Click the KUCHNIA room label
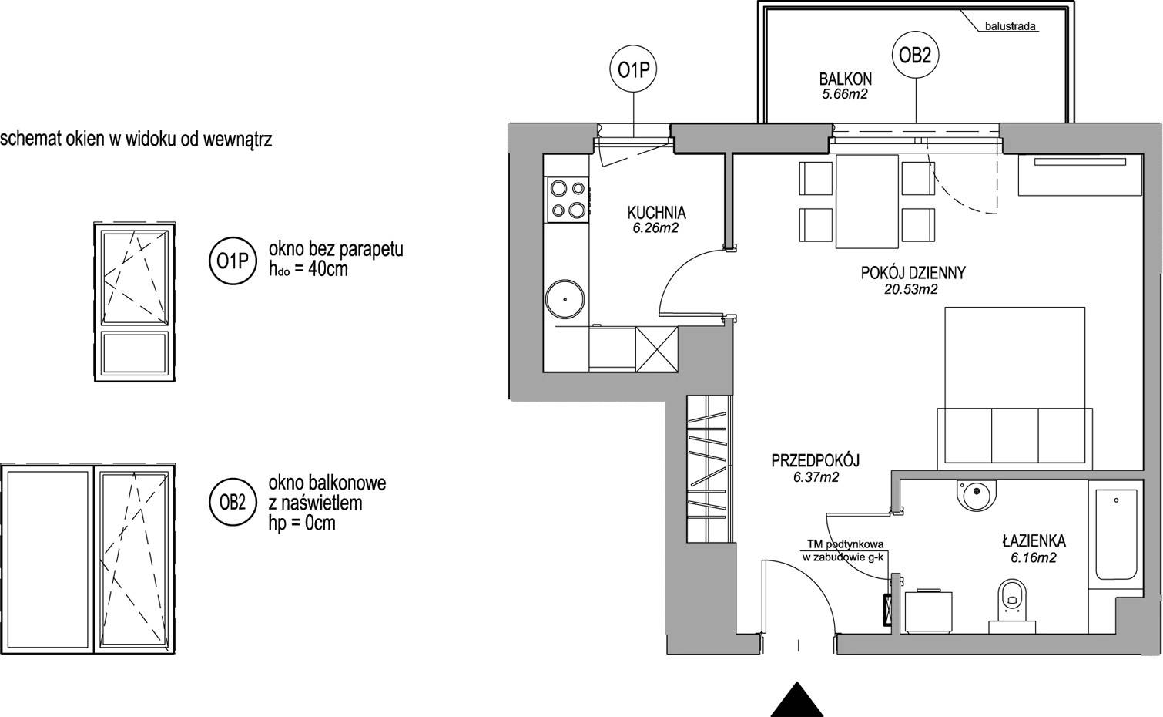click(x=656, y=213)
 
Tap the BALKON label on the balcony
click(x=845, y=79)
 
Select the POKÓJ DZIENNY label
click(x=913, y=273)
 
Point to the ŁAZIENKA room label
click(x=1034, y=541)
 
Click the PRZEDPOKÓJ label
click(x=816, y=460)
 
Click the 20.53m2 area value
click(x=911, y=289)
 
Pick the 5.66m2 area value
click(x=845, y=94)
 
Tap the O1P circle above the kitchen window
click(x=633, y=70)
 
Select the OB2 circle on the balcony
click(x=915, y=56)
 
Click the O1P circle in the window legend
click(x=233, y=261)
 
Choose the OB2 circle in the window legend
click(x=233, y=503)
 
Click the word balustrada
click(x=1010, y=26)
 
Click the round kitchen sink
click(x=565, y=299)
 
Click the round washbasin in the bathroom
click(x=977, y=495)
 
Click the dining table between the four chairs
click(x=867, y=201)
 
